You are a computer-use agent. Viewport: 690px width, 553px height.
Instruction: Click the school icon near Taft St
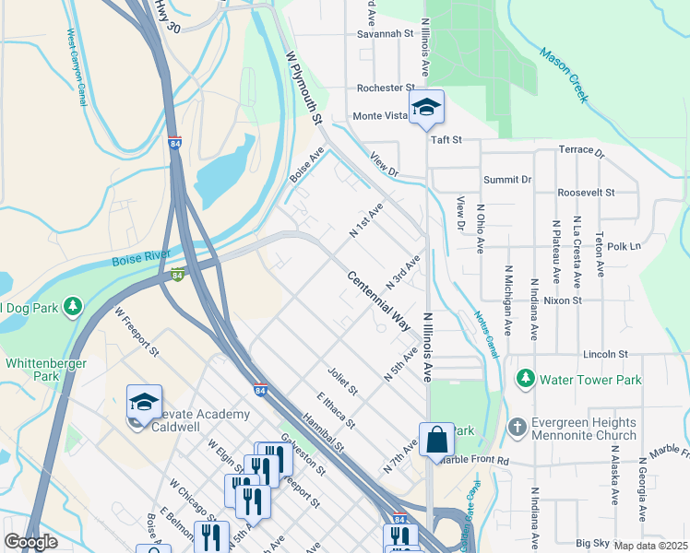coord(425,107)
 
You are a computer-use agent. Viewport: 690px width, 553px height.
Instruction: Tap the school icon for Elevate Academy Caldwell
coord(144,403)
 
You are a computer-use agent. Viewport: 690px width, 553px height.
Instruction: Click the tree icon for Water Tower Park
coord(526,379)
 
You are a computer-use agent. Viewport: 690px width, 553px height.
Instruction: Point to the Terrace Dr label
coord(581,150)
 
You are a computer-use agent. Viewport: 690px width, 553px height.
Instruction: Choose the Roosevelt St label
coord(586,192)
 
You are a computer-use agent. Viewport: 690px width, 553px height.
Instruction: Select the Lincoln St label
coord(605,354)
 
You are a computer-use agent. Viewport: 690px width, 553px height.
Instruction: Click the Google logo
coord(31,542)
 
